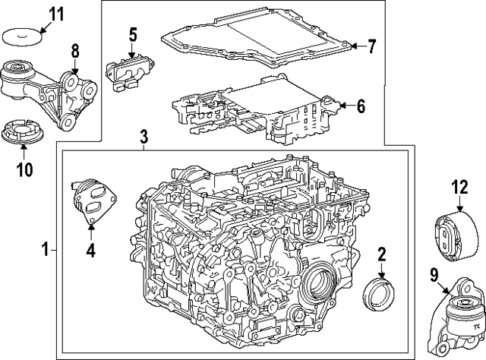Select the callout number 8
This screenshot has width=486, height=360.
[74, 52]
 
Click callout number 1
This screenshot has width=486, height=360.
[46, 249]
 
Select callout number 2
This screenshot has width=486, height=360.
[382, 254]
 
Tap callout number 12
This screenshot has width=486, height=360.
[459, 186]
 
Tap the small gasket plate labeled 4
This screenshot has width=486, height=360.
[91, 200]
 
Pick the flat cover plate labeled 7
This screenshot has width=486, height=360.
[258, 38]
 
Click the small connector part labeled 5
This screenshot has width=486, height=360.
[128, 70]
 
